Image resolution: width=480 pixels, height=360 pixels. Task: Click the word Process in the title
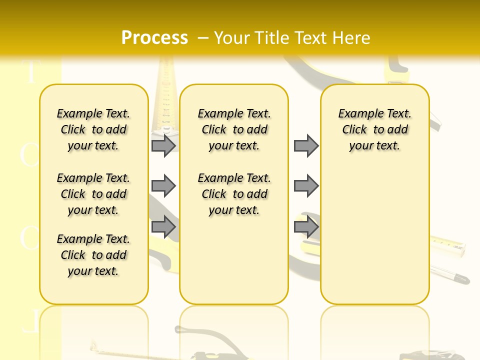tap(154, 37)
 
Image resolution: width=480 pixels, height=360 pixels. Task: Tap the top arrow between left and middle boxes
tap(163, 145)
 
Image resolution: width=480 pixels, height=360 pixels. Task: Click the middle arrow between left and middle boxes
tap(163, 186)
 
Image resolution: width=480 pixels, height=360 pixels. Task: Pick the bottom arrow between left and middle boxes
tap(163, 227)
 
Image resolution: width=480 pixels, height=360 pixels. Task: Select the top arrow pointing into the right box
tap(306, 145)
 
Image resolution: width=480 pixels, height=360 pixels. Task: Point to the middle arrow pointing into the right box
tap(306, 186)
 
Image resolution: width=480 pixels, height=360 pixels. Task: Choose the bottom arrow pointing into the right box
tap(306, 227)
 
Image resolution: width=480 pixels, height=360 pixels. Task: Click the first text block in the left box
tap(93, 129)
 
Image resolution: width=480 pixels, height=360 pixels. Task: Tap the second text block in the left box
tap(93, 194)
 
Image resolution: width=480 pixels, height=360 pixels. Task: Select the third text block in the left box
tap(93, 255)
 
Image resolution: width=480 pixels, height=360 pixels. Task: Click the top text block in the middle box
tap(234, 129)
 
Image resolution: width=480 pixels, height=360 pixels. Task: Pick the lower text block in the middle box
tap(234, 194)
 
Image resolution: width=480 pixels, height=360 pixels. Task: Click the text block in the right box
tap(374, 129)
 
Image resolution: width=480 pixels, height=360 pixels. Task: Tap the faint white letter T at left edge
tap(31, 72)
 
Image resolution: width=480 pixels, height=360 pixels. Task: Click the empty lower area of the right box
tap(374, 240)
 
